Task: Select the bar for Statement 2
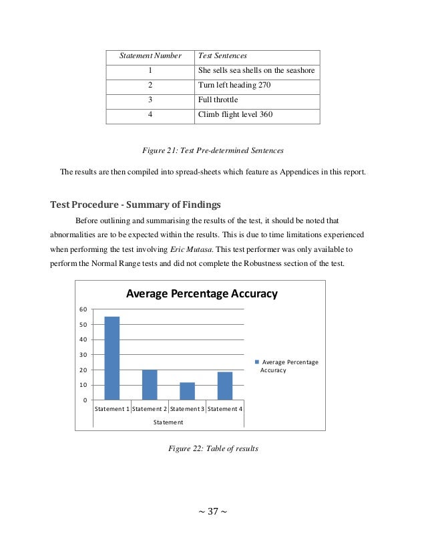tap(150, 384)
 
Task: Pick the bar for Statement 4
tap(225, 386)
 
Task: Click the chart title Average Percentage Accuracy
tap(202, 294)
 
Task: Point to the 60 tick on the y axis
tap(82, 309)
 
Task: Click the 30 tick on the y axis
tap(82, 355)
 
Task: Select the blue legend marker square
tap(256, 362)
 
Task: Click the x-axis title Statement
tap(169, 422)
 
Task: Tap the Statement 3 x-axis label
tap(187, 408)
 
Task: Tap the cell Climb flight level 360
tap(236, 116)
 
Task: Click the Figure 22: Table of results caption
tap(211, 448)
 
